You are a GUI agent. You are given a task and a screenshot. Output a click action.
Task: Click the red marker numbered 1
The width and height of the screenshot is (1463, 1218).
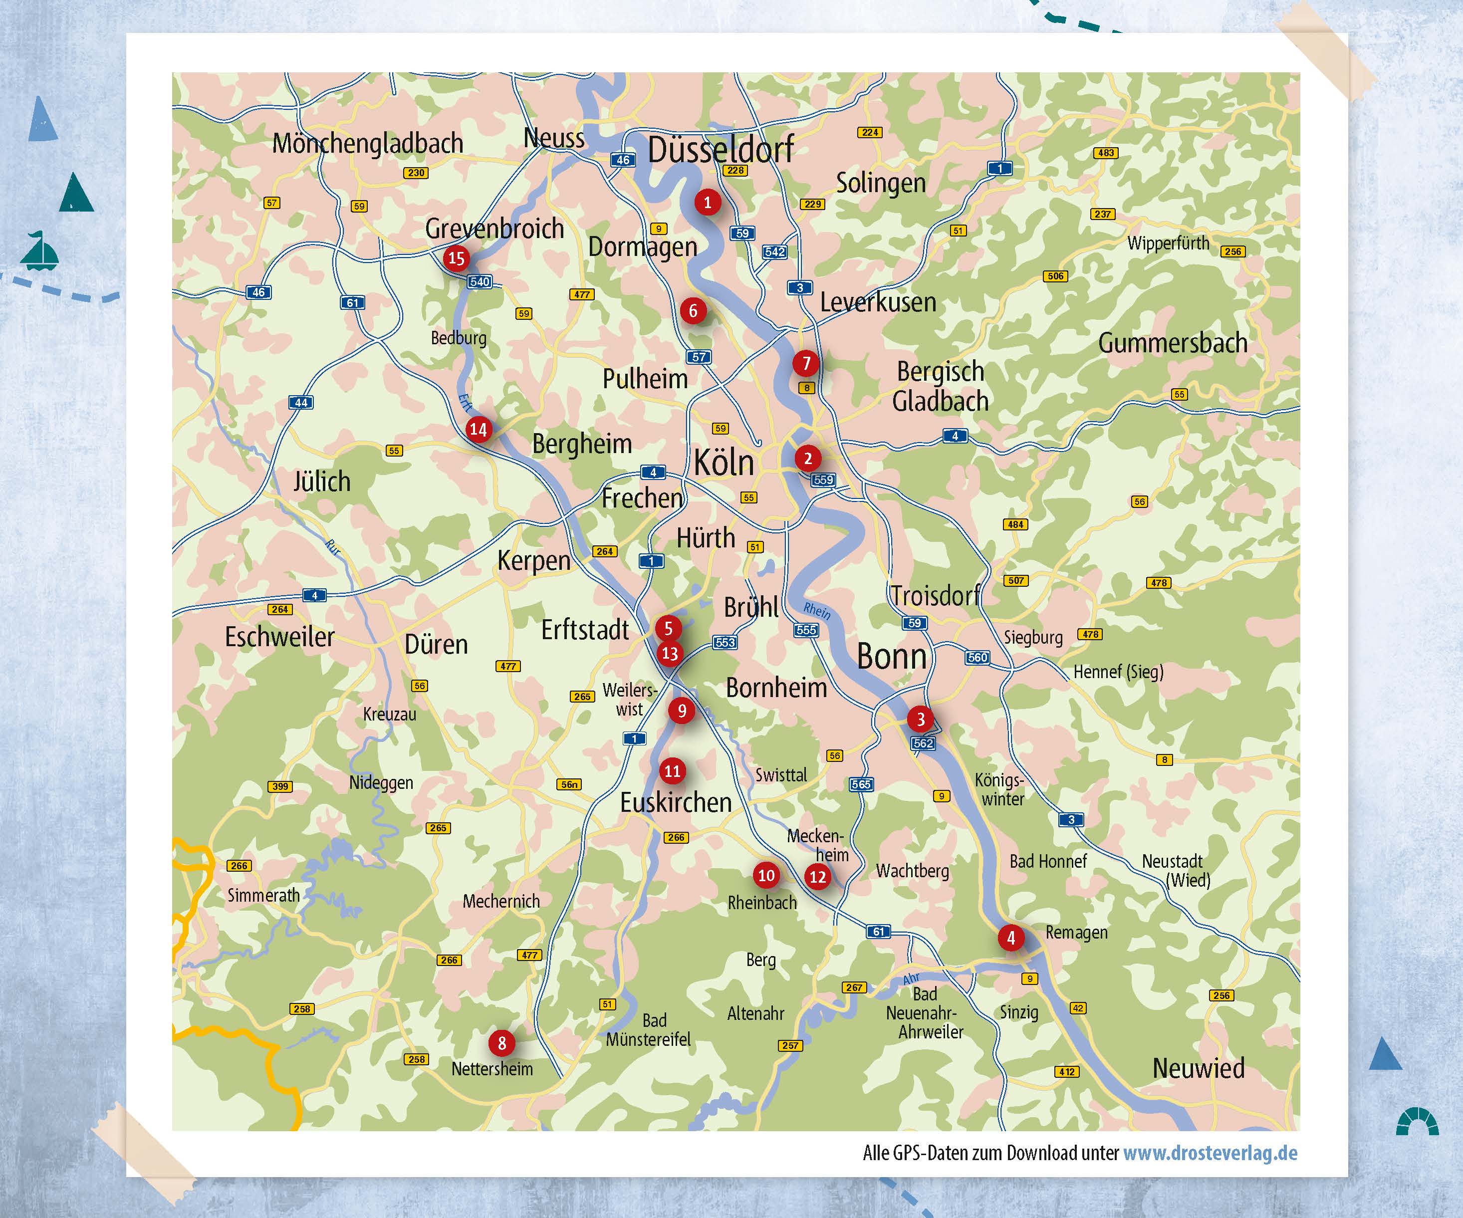tap(707, 203)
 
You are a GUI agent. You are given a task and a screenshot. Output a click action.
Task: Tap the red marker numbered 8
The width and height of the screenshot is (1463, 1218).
tap(501, 1043)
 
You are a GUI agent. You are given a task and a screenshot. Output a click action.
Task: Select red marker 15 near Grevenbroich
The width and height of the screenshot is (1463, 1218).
tap(457, 258)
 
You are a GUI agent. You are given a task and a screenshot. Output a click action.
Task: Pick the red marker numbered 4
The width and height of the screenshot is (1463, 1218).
tap(1011, 937)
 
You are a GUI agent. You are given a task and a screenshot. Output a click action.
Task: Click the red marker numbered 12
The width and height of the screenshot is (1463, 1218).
tap(817, 877)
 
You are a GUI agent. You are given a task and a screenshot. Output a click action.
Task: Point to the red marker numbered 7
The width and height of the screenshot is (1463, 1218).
tap(806, 363)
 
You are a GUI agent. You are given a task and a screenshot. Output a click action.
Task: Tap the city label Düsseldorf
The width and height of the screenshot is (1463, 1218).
tap(721, 150)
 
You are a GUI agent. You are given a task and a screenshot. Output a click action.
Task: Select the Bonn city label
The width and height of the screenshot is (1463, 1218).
tap(891, 656)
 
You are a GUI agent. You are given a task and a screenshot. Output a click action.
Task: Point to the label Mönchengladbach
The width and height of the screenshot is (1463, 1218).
tap(367, 144)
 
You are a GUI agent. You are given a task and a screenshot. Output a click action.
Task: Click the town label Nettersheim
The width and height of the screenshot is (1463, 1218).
tap(492, 1069)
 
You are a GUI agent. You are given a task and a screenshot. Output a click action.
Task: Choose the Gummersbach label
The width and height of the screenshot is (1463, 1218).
tap(1173, 343)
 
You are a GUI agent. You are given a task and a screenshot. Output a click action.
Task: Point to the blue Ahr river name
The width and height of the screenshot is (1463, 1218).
tap(911, 979)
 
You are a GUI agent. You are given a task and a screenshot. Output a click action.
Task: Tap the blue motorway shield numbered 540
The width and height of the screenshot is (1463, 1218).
tap(480, 281)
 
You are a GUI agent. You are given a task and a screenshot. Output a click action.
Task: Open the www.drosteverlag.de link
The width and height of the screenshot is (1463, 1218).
tap(1210, 1153)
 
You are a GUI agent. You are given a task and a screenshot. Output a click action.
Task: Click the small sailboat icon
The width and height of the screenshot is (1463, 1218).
tap(39, 251)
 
